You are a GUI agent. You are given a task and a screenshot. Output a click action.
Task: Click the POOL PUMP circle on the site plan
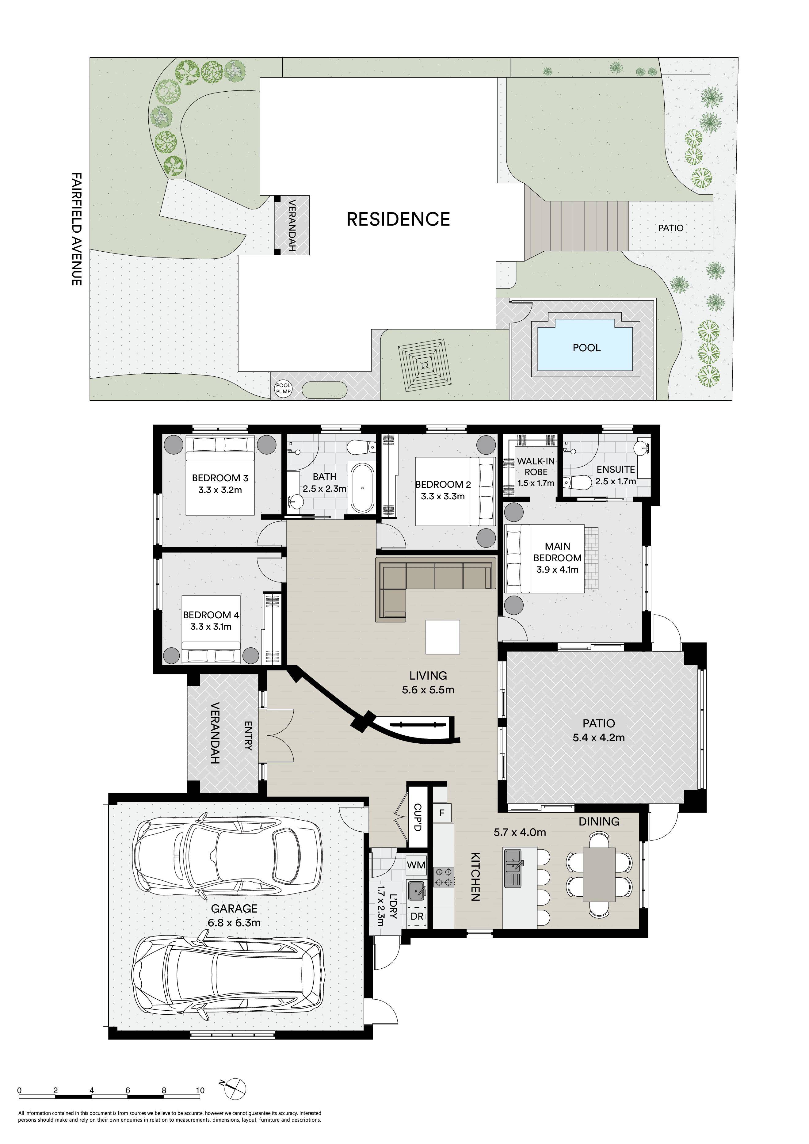(x=284, y=388)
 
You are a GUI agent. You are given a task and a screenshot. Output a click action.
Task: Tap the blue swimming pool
(x=586, y=345)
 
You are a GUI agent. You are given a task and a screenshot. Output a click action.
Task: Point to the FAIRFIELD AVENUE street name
(x=76, y=229)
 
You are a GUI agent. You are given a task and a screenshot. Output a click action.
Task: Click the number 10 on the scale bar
(x=200, y=1090)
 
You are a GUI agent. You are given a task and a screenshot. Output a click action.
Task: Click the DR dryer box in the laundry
(x=417, y=916)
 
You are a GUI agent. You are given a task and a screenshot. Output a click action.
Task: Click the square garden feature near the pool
(x=424, y=366)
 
